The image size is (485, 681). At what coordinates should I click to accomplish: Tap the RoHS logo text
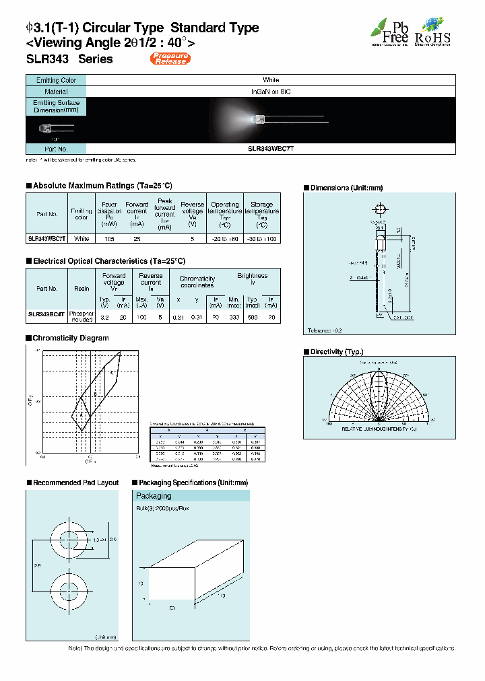tap(432, 39)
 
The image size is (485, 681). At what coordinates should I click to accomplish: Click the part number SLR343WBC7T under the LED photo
tap(271, 149)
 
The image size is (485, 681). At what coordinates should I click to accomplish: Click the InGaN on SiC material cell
tap(271, 91)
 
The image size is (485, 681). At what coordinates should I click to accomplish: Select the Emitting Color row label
tap(56, 80)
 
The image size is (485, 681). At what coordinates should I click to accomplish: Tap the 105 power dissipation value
tap(108, 239)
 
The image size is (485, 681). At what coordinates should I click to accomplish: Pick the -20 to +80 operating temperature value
tap(224, 239)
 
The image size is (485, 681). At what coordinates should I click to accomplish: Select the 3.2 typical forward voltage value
tap(104, 316)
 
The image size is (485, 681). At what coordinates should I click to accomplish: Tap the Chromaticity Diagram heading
tap(71, 338)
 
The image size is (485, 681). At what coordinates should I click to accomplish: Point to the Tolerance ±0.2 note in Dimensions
tap(325, 331)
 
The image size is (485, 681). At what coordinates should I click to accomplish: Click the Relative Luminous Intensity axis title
tap(379, 428)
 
